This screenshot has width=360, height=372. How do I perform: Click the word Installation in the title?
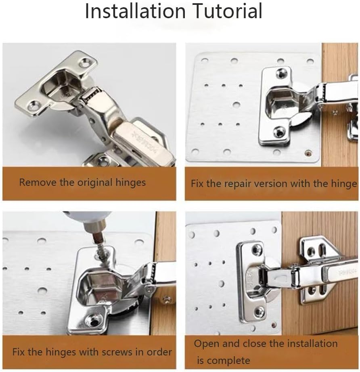(x=134, y=11)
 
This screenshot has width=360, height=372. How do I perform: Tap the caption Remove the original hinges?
(x=82, y=182)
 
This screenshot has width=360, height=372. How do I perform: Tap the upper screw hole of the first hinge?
(x=85, y=63)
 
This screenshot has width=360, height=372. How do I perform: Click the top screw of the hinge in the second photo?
(x=281, y=73)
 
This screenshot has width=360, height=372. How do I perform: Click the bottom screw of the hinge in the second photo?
(x=279, y=132)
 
